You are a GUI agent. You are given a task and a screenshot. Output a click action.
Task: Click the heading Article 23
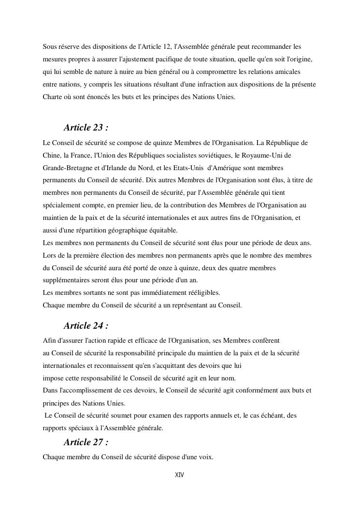[x=86, y=128]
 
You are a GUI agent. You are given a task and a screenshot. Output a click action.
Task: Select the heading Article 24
[x=86, y=325]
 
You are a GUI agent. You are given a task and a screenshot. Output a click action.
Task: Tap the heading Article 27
[x=86, y=442]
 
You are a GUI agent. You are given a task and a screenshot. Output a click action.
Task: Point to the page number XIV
[x=179, y=475]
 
